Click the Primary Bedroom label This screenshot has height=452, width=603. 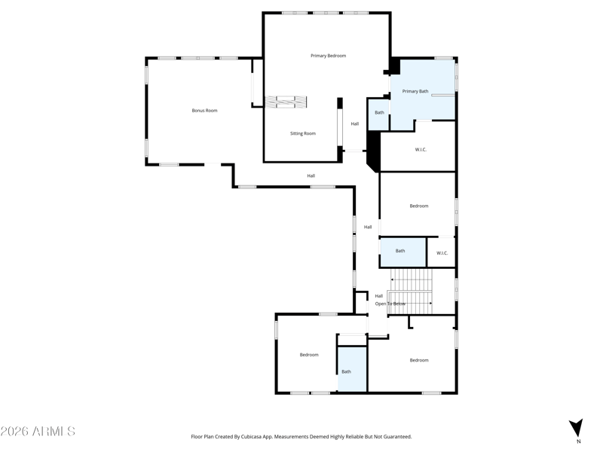pos(328,56)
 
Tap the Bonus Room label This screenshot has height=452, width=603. pos(204,111)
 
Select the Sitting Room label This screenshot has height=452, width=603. pos(303,134)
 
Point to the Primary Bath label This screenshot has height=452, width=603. pos(415,91)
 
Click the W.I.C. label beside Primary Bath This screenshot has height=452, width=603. pos(421,150)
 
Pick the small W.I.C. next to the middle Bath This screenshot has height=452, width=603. pos(442,253)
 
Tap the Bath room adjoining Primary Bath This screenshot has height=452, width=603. pos(379,112)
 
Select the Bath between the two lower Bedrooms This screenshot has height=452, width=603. pos(346,371)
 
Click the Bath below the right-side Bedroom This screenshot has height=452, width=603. pos(400,251)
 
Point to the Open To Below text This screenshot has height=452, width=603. pos(390,304)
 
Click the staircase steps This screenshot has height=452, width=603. pos(411,292)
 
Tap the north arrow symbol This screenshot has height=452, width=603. pos(576,428)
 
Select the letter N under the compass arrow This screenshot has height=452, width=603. pos(578,441)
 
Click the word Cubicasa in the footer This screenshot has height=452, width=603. pos(252,437)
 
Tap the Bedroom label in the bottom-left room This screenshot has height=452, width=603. pos(309,355)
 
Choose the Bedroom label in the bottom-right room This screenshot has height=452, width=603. pos(419,360)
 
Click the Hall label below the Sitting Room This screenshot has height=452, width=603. pos(311,176)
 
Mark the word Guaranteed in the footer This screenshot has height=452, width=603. pos(399,437)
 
